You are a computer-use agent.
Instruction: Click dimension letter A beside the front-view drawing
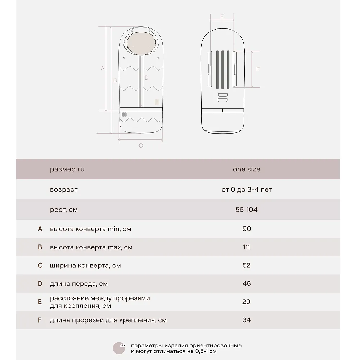coord(103,68)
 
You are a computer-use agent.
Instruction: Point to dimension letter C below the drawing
coord(141,145)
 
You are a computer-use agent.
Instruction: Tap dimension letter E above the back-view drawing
coord(222,16)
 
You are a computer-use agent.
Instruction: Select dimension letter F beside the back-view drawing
coord(258,69)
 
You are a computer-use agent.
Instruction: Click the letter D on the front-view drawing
coord(147,77)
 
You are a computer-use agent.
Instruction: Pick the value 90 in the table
coord(247,229)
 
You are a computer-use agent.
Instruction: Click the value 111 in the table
coord(247,247)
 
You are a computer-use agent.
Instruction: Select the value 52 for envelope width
coord(247,265)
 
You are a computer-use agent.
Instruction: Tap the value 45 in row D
coord(247,284)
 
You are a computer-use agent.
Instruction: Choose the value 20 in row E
coord(246,302)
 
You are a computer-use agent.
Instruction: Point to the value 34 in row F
coord(247,320)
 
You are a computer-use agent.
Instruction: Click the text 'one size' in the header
coord(247,169)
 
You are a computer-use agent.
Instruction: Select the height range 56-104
coord(247,210)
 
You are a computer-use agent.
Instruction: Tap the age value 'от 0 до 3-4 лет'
coord(247,189)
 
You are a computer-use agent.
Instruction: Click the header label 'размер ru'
coord(67,169)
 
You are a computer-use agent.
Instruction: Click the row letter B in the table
coord(40,247)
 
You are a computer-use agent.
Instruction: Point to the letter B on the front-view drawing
coord(115,80)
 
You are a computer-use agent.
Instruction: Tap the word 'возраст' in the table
coord(64,189)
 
